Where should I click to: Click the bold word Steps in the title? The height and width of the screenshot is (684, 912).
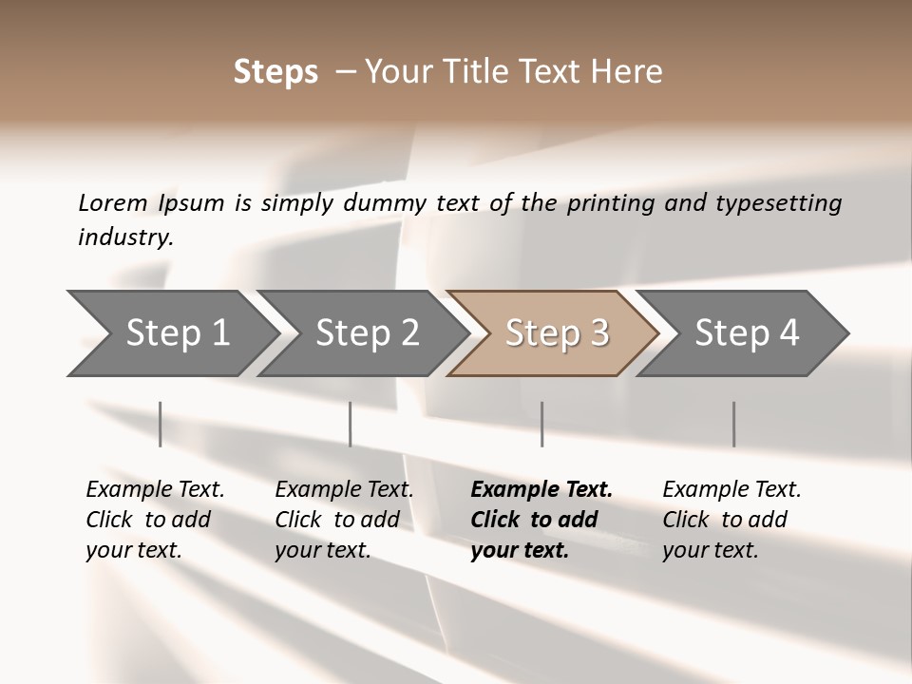point(275,72)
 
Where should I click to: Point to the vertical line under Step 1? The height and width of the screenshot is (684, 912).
point(161,424)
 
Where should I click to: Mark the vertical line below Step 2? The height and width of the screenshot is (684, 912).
point(351,424)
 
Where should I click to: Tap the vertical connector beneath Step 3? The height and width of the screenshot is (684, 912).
point(541,424)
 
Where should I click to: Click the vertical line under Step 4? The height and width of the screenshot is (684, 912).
point(733,424)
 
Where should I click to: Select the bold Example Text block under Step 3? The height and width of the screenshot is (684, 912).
point(541,520)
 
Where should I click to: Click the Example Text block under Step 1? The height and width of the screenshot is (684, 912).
point(155,520)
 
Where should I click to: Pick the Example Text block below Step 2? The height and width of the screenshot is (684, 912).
point(344,520)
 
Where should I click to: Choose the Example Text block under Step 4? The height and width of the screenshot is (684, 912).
point(731,520)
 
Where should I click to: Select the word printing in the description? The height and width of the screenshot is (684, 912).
point(612,203)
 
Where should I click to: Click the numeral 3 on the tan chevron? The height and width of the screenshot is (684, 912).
point(598,333)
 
